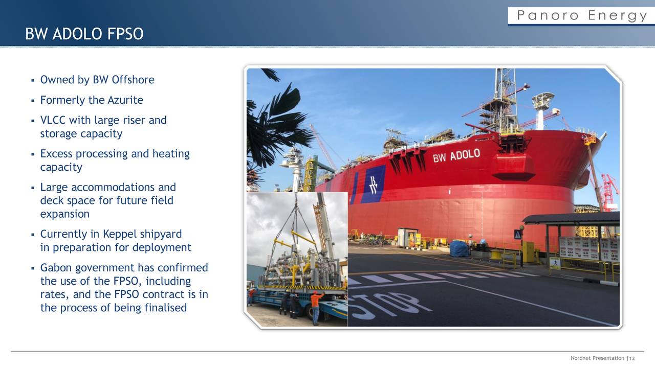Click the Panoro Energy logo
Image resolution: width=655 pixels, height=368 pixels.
582,16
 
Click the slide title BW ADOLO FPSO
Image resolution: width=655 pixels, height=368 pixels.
84,34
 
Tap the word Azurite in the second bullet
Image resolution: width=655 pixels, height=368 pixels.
125,100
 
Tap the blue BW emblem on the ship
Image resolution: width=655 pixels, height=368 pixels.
373,185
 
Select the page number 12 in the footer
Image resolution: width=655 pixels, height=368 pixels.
631,358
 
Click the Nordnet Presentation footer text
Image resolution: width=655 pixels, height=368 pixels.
597,358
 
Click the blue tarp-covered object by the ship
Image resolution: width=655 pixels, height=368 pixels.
458,249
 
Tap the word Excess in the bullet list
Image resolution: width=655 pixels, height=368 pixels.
56,154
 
